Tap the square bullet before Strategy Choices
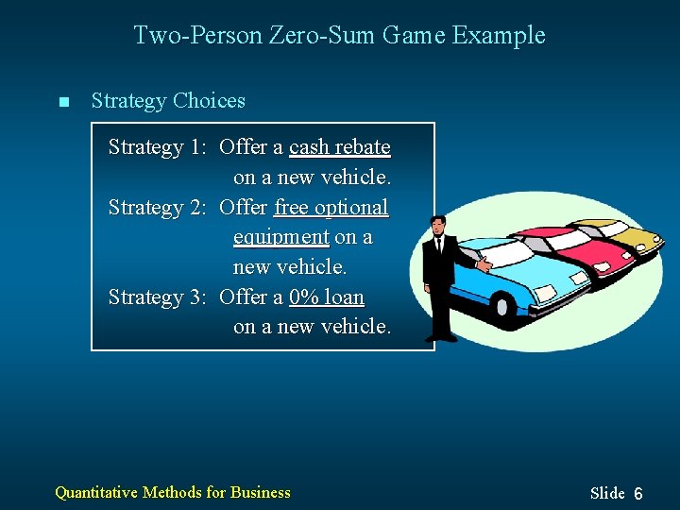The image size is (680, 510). tap(63, 102)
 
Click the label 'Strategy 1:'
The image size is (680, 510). tap(158, 147)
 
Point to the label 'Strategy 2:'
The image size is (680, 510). tap(158, 207)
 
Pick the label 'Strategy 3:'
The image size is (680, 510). tap(158, 297)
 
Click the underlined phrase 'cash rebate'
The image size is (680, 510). tap(339, 147)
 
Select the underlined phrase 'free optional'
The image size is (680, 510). tap(331, 207)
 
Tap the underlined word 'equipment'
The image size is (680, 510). tap(280, 237)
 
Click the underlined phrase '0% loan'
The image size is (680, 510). tap(326, 297)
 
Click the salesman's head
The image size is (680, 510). tap(437, 227)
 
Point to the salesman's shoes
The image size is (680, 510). tap(441, 337)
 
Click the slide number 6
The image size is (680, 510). tap(638, 494)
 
